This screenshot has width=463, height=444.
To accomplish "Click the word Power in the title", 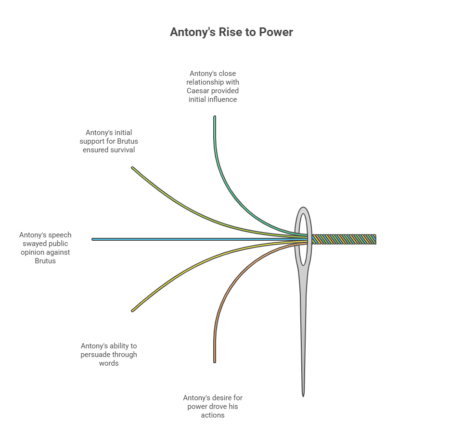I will click(277, 32).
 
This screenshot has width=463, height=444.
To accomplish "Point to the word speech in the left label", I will click(60, 235).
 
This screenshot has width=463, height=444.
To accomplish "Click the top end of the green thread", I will click(215, 117).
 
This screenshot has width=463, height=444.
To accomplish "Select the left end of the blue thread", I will click(93, 239).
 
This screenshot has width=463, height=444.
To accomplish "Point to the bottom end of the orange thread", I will click(215, 361).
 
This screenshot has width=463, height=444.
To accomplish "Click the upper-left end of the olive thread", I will click(133, 168).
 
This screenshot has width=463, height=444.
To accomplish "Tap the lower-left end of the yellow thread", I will click(133, 310).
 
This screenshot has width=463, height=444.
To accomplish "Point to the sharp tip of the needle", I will click(303, 395).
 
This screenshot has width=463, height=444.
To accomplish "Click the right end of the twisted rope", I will click(375, 239).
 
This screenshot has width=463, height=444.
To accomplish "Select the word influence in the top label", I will click(222, 99).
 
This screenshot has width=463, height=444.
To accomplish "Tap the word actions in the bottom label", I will click(213, 415).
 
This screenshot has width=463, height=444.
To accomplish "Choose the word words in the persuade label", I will click(109, 363).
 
